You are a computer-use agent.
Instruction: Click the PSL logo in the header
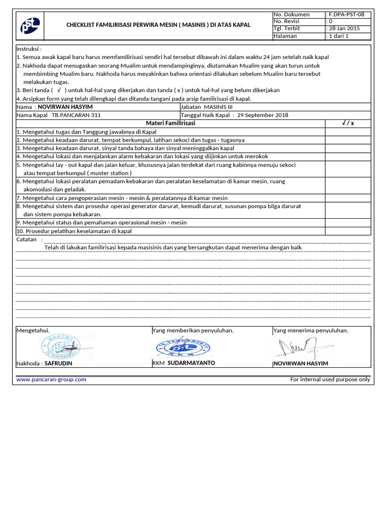(x=30, y=26)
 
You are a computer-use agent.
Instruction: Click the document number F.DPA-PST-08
(x=347, y=15)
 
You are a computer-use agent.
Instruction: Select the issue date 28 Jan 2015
(x=345, y=29)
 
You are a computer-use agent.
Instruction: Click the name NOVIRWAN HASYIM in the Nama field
(x=66, y=107)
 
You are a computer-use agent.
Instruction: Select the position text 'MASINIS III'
(x=218, y=107)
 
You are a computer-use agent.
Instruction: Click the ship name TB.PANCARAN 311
(x=76, y=115)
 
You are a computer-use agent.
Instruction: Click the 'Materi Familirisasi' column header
(x=170, y=123)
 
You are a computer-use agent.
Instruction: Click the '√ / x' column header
(x=348, y=123)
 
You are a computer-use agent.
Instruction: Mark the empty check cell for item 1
(x=348, y=132)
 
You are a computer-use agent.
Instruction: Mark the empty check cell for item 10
(x=348, y=231)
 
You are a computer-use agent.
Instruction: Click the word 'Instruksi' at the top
(x=29, y=49)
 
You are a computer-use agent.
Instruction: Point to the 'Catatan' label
(x=27, y=239)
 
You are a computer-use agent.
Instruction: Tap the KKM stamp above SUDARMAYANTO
(x=183, y=347)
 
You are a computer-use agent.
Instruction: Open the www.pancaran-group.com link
(x=51, y=379)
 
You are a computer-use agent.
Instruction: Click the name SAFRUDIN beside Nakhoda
(x=58, y=363)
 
